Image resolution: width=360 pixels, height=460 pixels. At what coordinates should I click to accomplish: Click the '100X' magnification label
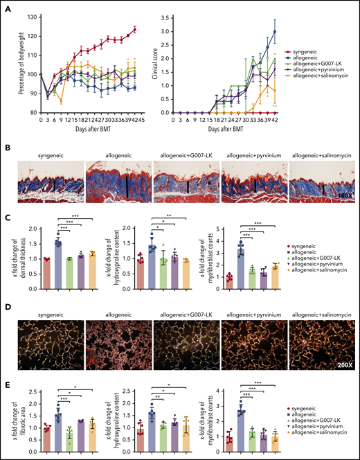tap(344, 198)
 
